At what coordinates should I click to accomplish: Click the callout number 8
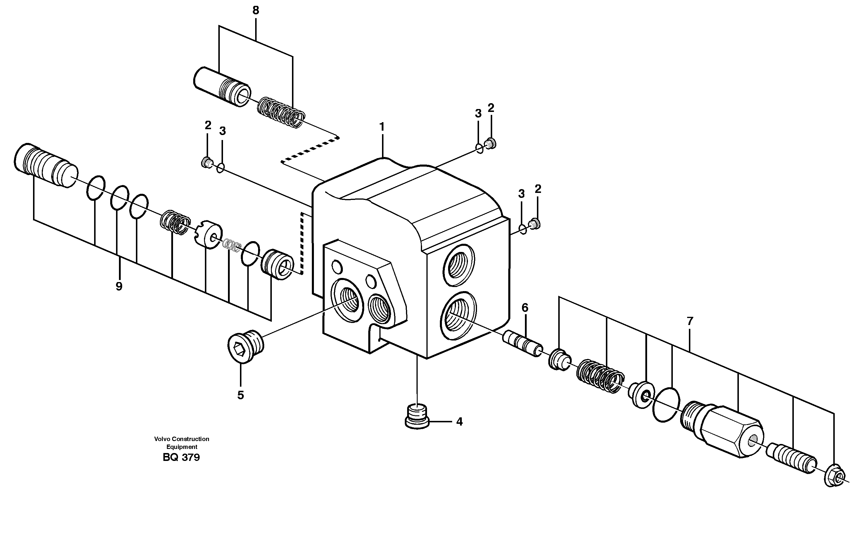(x=255, y=11)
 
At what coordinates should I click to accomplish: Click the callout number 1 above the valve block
(x=382, y=127)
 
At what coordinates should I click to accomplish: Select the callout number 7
(x=690, y=321)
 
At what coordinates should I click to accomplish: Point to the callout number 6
(x=525, y=308)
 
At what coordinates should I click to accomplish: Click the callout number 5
(x=240, y=395)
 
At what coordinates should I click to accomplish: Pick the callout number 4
(x=459, y=421)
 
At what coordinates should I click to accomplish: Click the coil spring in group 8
(x=281, y=112)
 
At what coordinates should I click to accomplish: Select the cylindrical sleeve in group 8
(x=221, y=87)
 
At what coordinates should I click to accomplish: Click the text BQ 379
(x=181, y=457)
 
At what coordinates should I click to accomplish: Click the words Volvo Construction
(x=182, y=439)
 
